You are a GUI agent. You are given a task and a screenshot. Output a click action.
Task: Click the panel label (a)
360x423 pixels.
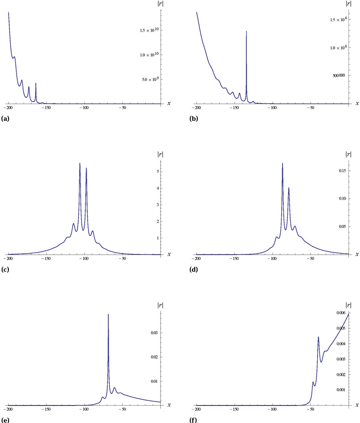coord(5,119)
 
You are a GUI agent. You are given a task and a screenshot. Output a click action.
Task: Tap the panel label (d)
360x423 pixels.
coord(194,270)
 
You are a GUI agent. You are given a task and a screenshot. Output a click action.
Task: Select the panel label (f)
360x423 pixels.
coord(193,420)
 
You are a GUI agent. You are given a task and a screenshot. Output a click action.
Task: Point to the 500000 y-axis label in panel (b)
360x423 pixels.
coord(339,76)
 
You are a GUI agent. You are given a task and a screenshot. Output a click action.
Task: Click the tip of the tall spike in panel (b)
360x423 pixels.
coord(246,31)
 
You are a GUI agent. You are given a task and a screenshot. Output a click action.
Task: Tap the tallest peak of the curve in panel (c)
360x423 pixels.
coord(80,163)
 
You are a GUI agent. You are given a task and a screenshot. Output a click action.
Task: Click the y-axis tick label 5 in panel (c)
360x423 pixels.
coord(158,172)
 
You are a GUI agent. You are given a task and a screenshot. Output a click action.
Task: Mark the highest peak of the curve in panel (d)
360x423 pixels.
coord(282,163)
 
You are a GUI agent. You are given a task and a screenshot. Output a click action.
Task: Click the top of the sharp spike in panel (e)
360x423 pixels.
coord(108,314)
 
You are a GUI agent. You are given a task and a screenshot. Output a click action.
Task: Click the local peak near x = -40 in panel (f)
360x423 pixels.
coord(318,337)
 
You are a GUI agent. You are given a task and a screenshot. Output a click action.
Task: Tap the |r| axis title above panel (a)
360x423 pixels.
coord(161,4)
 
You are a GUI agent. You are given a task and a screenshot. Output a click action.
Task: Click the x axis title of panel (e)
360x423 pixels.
coord(169,405)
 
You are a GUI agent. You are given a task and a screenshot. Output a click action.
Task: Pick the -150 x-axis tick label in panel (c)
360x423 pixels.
coord(46,259)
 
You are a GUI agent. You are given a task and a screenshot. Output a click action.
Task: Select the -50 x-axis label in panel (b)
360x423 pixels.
coord(311,108)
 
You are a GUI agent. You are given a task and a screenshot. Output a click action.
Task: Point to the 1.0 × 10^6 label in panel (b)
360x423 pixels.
coord(338,47)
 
